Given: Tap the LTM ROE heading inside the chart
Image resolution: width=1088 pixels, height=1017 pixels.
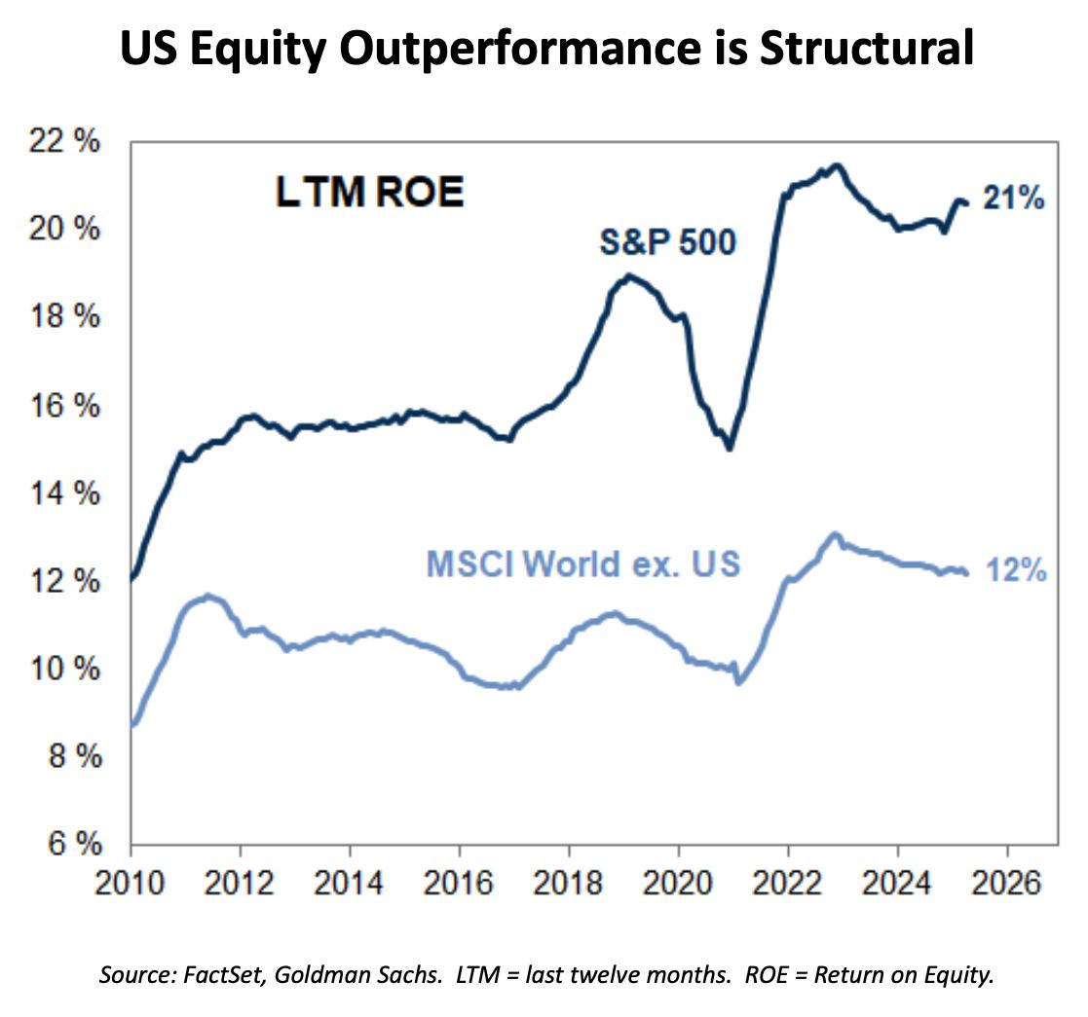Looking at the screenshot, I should point(369,193).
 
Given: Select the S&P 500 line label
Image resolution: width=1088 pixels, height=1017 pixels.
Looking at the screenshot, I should point(666,242).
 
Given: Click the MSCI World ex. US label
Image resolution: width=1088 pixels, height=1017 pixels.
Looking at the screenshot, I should point(583,564).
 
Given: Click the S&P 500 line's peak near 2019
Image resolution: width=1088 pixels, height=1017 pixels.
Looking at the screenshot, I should point(629,275).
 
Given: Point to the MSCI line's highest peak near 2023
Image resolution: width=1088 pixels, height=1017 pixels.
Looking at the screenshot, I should point(834,534).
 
